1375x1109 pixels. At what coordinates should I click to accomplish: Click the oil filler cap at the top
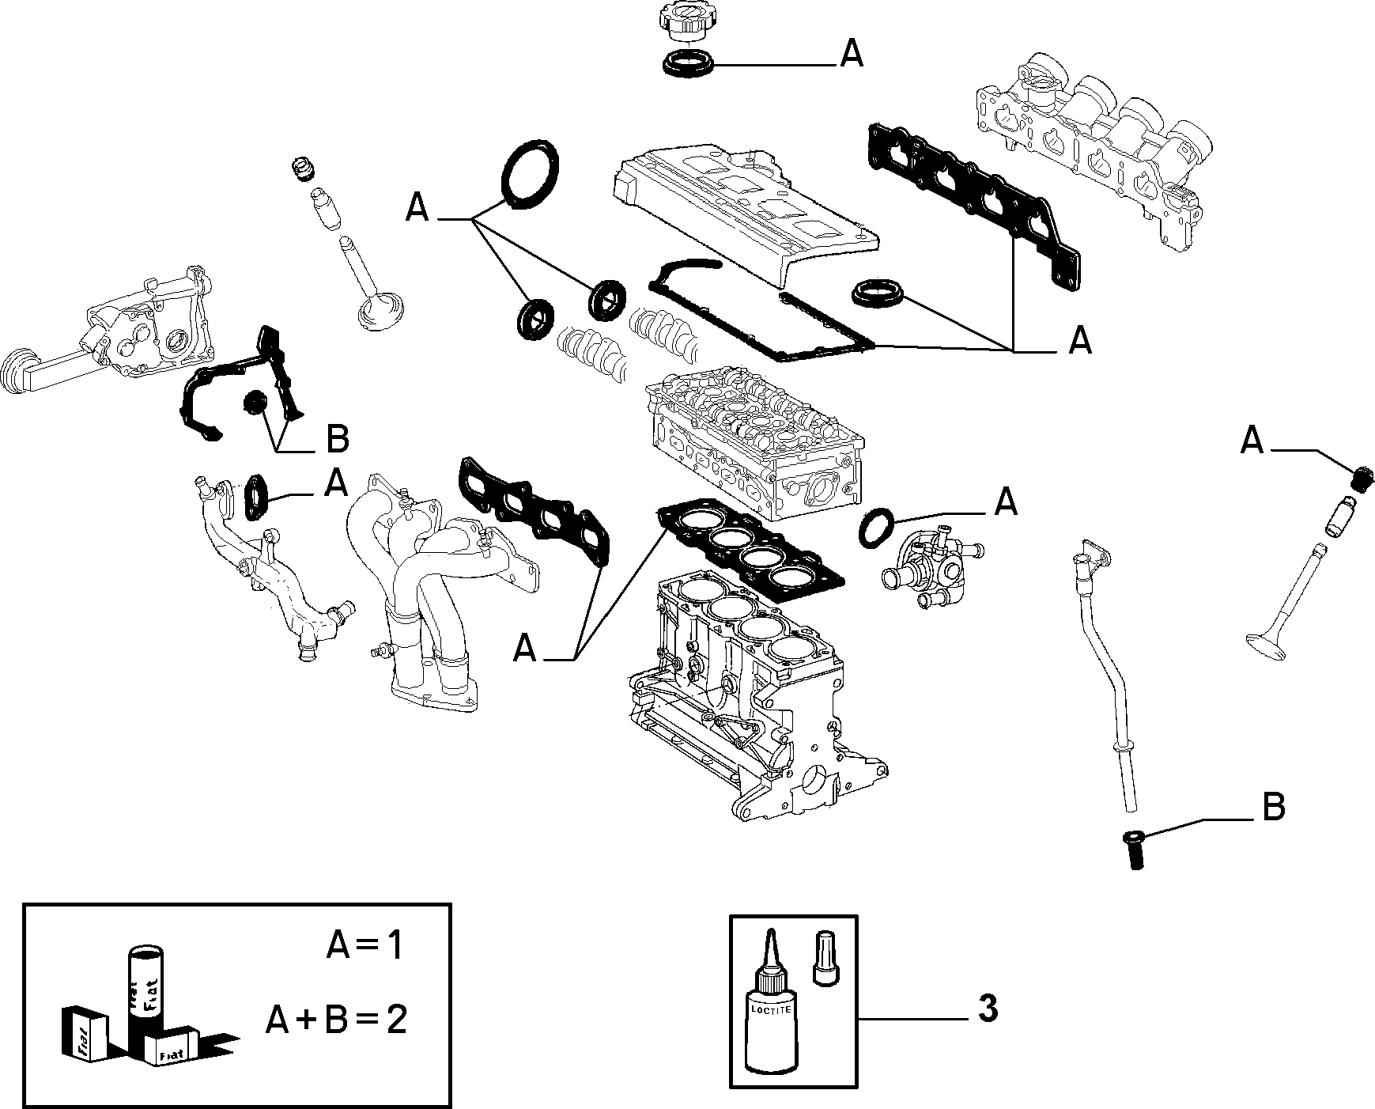pyautogui.click(x=685, y=22)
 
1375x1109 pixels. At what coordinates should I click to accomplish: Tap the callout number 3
pyautogui.click(x=988, y=1010)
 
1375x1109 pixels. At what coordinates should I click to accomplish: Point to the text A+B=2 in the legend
pyautogui.click(x=336, y=1020)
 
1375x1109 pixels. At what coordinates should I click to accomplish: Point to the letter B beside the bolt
pyautogui.click(x=1273, y=808)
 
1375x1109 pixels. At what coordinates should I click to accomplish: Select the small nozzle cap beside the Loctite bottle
pyautogui.click(x=825, y=958)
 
